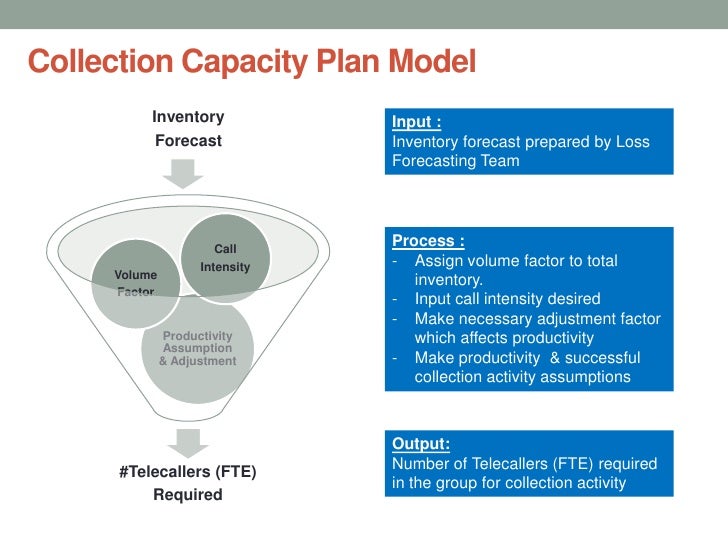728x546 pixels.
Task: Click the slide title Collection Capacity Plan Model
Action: coord(252,62)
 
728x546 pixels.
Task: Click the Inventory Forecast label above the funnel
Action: coord(188,129)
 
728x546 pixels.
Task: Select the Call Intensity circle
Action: coord(225,258)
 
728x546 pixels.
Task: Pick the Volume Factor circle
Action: coord(135,283)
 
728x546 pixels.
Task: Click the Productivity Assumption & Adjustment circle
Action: coord(197,349)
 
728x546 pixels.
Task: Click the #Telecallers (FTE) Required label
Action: coord(187,482)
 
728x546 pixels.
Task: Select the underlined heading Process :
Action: coord(428,240)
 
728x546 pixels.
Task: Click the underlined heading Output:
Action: coord(420,443)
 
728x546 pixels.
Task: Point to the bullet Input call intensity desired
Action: coord(507,299)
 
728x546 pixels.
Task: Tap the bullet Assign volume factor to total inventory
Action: coord(514,270)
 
